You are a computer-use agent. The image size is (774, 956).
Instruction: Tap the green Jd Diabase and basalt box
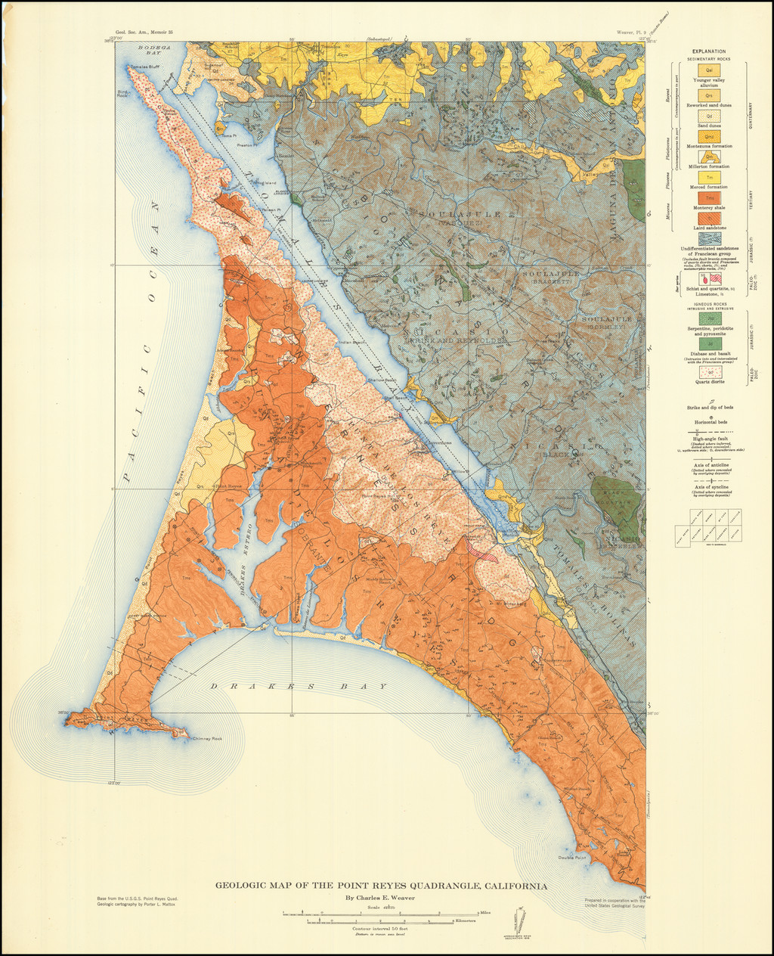point(708,344)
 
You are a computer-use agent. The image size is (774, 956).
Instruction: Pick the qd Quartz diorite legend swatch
point(708,372)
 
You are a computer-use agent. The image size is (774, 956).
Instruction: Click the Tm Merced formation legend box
point(708,177)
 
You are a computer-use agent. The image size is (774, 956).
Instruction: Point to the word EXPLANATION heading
point(707,51)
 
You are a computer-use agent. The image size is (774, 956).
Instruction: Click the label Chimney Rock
point(206,738)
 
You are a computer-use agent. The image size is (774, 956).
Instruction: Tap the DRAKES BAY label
point(298,686)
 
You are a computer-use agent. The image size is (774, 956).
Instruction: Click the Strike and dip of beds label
point(707,407)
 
